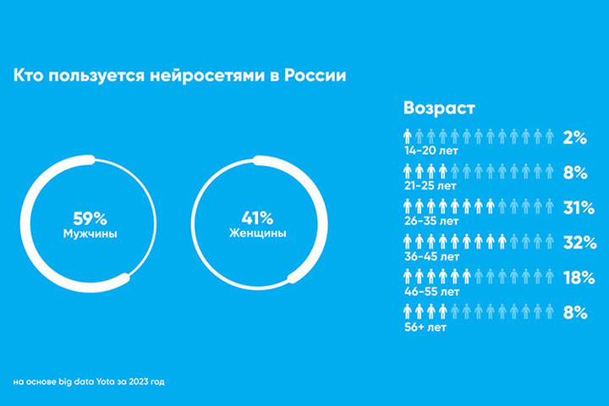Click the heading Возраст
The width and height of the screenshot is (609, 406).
tap(440, 108)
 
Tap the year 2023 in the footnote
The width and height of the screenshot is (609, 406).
tap(133, 381)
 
